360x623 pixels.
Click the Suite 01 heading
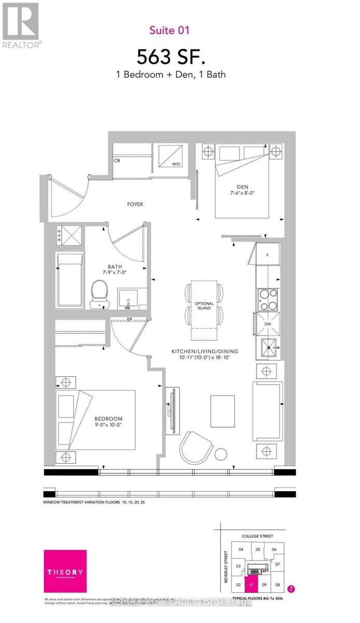click(169, 30)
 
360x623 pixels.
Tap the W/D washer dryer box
click(174, 156)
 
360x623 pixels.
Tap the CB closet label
click(117, 160)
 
